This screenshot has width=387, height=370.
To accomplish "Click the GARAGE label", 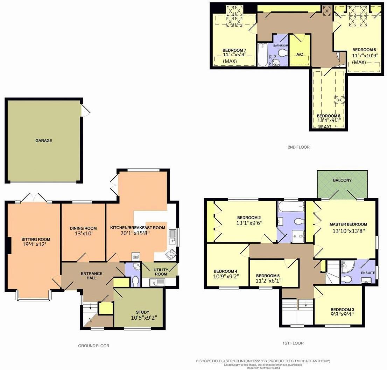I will (43, 141).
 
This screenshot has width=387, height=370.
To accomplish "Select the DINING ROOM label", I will (83, 228).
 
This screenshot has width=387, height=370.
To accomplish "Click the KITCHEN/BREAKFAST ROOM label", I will (138, 228).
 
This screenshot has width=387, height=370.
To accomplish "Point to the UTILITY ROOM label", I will (161, 272).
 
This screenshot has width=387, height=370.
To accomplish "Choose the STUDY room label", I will (142, 312).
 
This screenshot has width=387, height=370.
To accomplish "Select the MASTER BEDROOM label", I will (348, 224).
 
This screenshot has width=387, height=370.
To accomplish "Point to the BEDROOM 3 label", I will (343, 309).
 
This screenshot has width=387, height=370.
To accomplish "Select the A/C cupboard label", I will (300, 55).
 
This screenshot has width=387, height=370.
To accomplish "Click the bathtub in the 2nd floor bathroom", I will (262, 55).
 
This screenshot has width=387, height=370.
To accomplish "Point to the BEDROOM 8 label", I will (328, 116).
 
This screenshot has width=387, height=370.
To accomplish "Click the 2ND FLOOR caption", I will (298, 147).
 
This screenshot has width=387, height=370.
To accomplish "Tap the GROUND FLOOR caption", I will (93, 346).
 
